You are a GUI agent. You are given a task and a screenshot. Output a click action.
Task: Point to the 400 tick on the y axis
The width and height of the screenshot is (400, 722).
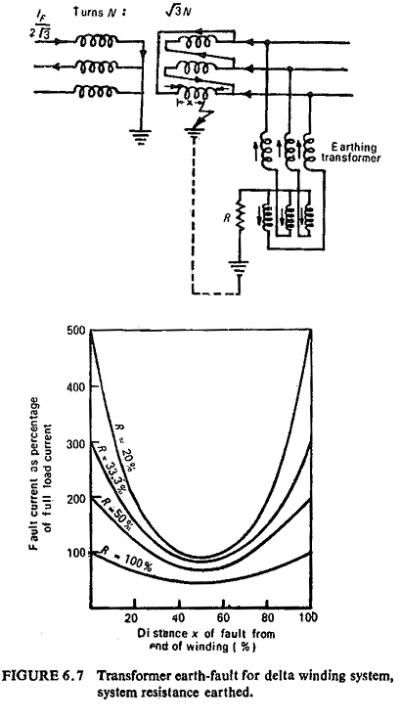93,386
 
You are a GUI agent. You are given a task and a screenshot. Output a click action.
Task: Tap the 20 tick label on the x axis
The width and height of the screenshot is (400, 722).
132,617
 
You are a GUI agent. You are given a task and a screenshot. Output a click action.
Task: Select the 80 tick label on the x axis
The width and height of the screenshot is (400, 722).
267,617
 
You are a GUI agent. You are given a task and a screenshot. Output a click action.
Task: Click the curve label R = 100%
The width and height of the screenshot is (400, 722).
127,561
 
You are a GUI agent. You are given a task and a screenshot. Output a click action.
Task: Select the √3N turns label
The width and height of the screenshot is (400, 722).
179,11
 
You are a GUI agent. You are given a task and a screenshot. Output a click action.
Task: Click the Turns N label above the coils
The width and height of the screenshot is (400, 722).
99,12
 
